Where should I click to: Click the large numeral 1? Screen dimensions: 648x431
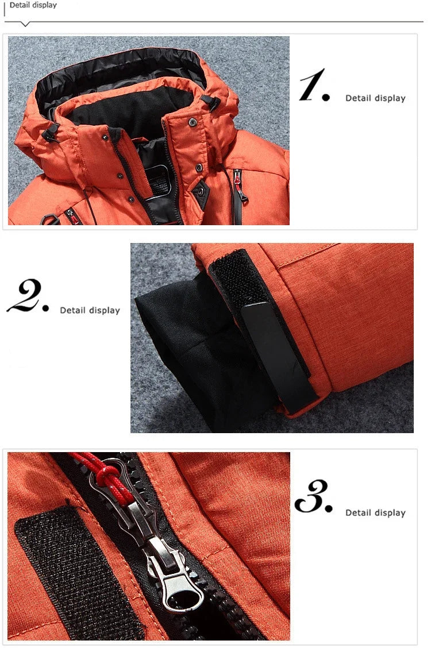(x=314, y=86)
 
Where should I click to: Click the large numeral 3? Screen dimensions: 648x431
(x=314, y=496)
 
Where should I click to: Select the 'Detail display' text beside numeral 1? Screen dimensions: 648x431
(x=375, y=98)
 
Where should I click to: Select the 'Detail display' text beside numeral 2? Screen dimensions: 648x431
(x=90, y=310)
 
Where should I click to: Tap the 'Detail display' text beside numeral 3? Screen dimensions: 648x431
(x=375, y=513)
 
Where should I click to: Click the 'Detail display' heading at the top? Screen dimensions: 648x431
(x=33, y=5)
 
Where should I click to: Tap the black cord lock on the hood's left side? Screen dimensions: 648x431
(x=51, y=133)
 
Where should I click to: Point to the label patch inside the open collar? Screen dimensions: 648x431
(x=157, y=179)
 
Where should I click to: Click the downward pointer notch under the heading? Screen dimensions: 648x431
(x=25, y=24)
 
